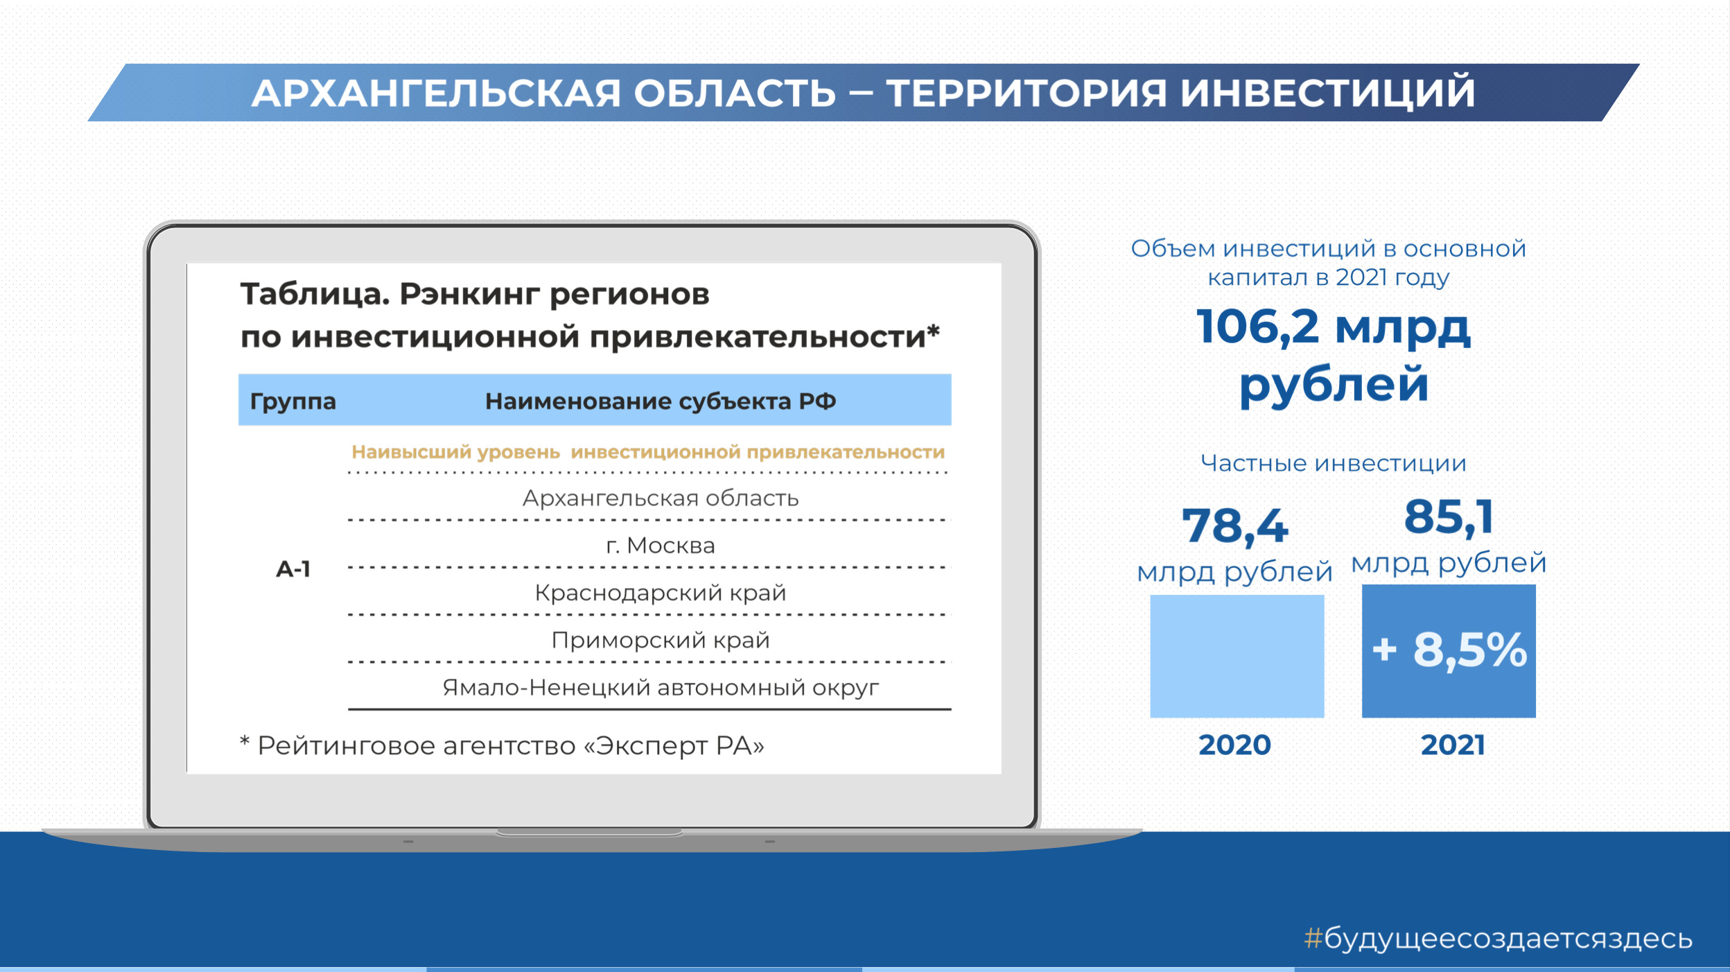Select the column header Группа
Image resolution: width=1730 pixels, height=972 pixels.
(x=292, y=401)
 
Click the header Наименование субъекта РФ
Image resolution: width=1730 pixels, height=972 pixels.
(x=661, y=401)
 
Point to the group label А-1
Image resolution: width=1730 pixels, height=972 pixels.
(x=293, y=569)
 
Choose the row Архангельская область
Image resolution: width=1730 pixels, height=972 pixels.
(x=661, y=498)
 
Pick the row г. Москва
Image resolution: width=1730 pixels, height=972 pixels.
(x=661, y=546)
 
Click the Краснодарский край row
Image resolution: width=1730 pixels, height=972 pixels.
(x=661, y=593)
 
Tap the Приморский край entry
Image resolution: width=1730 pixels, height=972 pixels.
(x=661, y=640)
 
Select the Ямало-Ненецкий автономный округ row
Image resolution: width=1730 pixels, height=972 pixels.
(x=661, y=687)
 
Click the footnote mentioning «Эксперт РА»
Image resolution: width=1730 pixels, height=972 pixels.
(x=502, y=745)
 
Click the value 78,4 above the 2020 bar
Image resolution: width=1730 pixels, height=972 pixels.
(x=1235, y=526)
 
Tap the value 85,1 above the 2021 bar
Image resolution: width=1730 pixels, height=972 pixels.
(x=1449, y=517)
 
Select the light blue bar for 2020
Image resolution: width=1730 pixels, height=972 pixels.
(x=1237, y=656)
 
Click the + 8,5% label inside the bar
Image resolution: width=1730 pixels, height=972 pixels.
(x=1449, y=650)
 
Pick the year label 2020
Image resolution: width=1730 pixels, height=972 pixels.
(x=1235, y=745)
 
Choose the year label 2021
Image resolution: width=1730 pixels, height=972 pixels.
(x=1453, y=745)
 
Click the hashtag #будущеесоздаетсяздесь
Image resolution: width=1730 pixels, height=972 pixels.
(x=1499, y=939)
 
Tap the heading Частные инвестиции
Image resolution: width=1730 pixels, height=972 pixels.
(x=1334, y=463)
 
